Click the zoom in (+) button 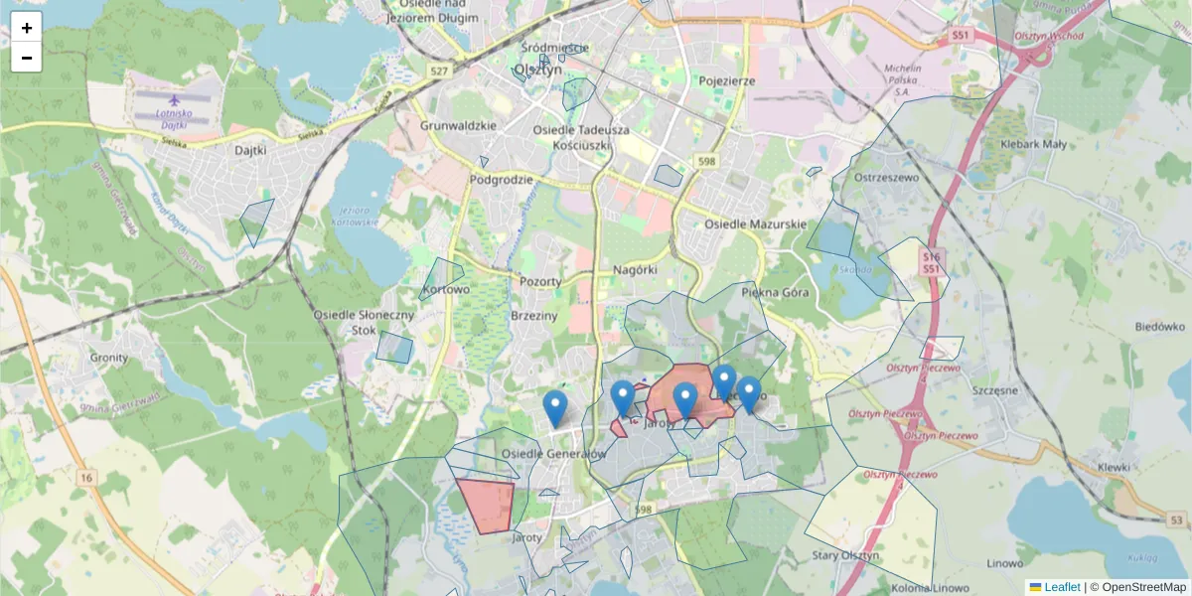point(27,28)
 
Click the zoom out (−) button point(27,58)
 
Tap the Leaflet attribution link point(1061,587)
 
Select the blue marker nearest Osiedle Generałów point(555,407)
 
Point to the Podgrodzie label point(501,180)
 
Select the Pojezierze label point(727,80)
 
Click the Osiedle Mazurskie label point(755,224)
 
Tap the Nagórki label point(635,269)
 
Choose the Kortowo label point(445,290)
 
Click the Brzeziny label point(535,314)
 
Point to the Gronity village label point(109,358)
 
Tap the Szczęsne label point(995,390)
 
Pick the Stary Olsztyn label point(845,555)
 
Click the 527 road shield point(439,71)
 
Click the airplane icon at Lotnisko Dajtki point(176,100)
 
